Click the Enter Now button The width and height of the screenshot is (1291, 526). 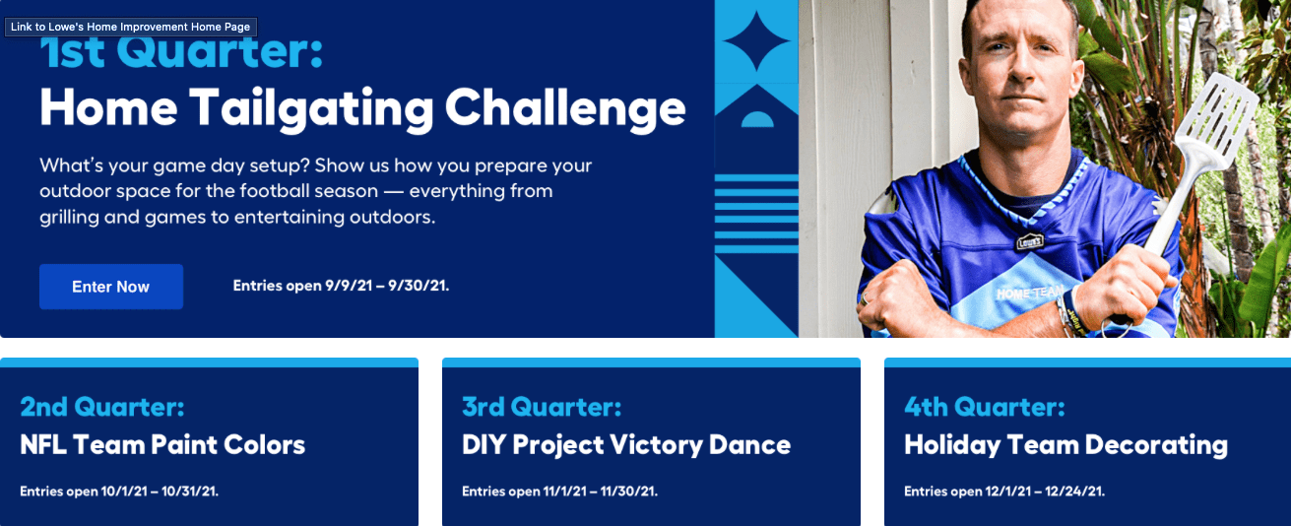(x=111, y=287)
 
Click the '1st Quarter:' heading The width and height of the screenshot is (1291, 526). (x=181, y=52)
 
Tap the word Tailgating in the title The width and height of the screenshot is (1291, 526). (x=311, y=108)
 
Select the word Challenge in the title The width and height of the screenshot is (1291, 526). (x=565, y=108)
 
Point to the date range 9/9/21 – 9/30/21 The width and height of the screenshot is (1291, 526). (x=387, y=286)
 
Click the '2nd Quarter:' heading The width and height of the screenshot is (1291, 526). (x=102, y=407)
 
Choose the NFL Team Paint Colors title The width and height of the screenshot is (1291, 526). (x=162, y=445)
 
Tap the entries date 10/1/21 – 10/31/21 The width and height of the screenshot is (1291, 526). (x=160, y=492)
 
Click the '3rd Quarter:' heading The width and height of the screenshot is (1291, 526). (x=542, y=407)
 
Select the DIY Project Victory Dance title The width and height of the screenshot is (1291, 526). (x=626, y=445)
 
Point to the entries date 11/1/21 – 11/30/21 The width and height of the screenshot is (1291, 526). (x=600, y=492)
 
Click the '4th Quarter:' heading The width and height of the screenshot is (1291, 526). (x=985, y=407)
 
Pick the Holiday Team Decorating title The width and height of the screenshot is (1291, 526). (x=1065, y=445)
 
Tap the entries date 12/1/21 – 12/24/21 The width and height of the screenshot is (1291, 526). (x=1045, y=492)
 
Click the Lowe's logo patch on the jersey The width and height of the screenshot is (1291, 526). (x=1029, y=241)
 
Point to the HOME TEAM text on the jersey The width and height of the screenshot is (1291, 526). (x=1030, y=293)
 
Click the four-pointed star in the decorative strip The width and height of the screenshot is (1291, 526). (x=756, y=41)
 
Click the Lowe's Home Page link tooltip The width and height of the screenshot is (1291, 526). (x=131, y=28)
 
